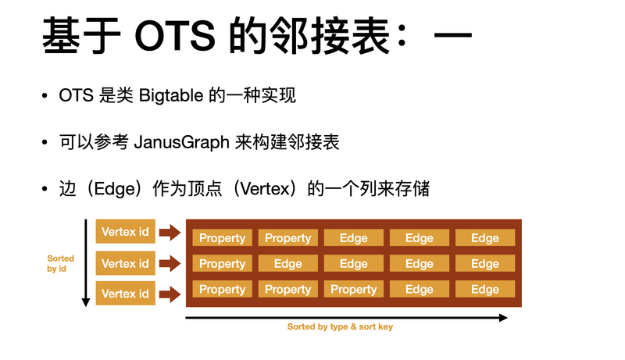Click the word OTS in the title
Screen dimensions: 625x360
175,36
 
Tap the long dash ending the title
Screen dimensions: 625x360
453,35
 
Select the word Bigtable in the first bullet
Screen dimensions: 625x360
171,96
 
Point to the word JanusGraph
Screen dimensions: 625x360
181,143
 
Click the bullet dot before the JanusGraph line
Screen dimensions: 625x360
45,142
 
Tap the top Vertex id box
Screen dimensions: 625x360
125,231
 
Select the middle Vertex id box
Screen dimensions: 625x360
125,263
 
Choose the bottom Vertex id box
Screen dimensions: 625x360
125,294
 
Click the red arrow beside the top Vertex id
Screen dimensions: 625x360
170,232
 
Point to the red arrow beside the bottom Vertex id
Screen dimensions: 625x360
170,294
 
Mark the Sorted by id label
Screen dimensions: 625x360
60,264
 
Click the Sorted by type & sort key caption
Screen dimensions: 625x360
340,327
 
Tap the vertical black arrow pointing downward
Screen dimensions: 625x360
85,263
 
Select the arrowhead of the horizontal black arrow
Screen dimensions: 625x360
503,318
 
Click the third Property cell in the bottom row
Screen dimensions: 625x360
354,289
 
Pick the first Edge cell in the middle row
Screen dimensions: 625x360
287,264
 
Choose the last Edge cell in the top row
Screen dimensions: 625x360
485,237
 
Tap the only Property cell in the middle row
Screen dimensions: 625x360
222,264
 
